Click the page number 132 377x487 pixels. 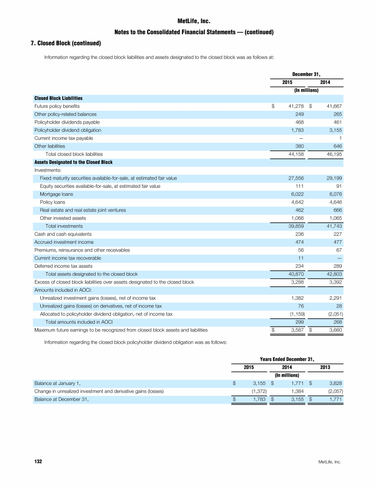click(38, 462)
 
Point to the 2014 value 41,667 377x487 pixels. click(332, 106)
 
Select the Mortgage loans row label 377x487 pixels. click(55, 194)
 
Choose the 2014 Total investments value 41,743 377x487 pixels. click(332, 226)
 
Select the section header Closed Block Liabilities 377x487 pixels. click(58, 98)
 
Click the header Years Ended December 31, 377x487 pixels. click(286, 359)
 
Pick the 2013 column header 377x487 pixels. click(324, 367)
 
